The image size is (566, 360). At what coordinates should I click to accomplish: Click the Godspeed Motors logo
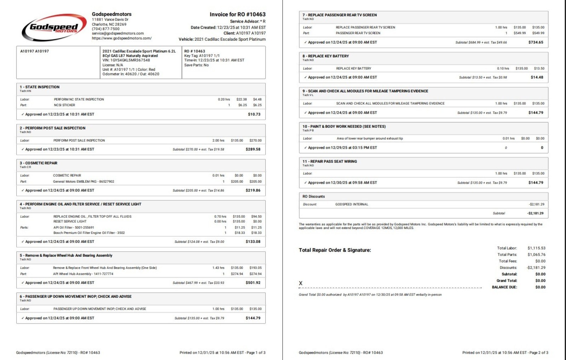pos(54,28)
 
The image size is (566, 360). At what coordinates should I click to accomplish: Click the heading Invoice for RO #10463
pos(237,15)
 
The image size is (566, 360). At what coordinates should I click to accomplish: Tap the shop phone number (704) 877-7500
pos(106,29)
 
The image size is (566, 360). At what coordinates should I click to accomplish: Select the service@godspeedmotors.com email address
pos(118,33)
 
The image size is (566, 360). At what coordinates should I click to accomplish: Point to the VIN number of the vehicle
pos(126,60)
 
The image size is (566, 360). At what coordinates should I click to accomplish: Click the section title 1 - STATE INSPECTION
pos(40,87)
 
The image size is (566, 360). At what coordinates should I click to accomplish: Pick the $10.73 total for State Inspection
pos(254,114)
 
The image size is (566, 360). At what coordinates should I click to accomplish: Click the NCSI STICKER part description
pos(64,105)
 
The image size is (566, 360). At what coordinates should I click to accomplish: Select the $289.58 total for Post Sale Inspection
pos(253,149)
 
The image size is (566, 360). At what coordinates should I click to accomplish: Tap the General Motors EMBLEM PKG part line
pos(83,182)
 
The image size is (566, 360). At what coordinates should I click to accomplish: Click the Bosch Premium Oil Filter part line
pos(89,233)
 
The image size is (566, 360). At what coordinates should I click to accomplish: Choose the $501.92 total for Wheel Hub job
pos(253,283)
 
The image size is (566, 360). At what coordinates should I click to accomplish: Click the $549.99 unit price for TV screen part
pos(520,33)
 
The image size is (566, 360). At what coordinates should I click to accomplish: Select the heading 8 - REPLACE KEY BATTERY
pos(325,56)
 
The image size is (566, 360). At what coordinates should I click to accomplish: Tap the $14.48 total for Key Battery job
pos(537,78)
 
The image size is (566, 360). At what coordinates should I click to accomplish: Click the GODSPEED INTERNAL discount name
pos(352,205)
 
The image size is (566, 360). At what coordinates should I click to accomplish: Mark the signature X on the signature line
pos(301,283)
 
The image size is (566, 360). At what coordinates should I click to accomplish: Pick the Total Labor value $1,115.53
pos(536,248)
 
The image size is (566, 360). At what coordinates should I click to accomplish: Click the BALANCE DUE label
pos(504,287)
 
